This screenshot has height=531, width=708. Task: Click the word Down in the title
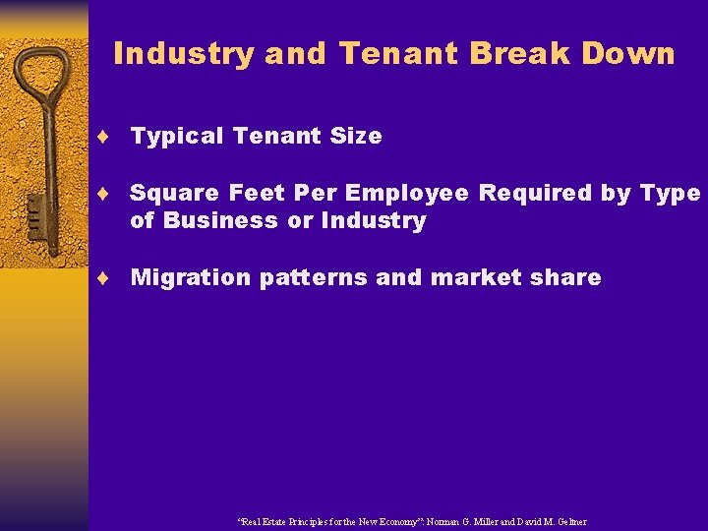(x=633, y=53)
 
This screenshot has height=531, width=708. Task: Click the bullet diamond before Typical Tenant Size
(x=115, y=137)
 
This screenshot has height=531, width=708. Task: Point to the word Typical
(x=177, y=137)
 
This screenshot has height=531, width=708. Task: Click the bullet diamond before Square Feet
(x=115, y=194)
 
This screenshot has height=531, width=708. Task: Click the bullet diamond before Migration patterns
(x=115, y=278)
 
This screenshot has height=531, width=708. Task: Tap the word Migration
(x=191, y=278)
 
